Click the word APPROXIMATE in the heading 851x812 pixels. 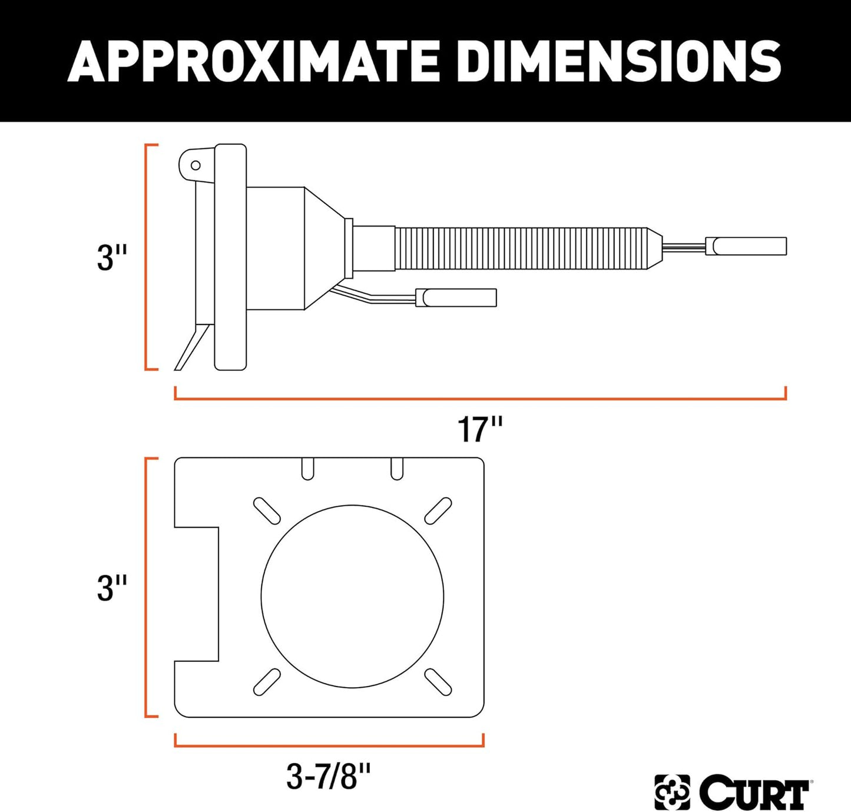point(253,61)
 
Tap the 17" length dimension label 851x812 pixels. point(480,430)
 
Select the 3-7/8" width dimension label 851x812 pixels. point(329,776)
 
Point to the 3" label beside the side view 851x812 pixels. point(112,257)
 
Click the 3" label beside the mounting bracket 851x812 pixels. point(112,588)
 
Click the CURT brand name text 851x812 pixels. point(755,793)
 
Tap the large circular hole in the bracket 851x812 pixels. point(352,596)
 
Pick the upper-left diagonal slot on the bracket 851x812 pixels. point(266,511)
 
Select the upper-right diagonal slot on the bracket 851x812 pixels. point(438,511)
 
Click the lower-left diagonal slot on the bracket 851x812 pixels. point(266,682)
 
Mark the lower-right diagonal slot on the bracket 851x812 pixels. point(438,682)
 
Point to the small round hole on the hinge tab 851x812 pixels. point(195,165)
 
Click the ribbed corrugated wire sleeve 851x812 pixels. point(521,248)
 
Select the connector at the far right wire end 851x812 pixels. point(746,246)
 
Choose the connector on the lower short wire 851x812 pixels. point(456,297)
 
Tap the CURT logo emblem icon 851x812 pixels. point(672,793)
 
